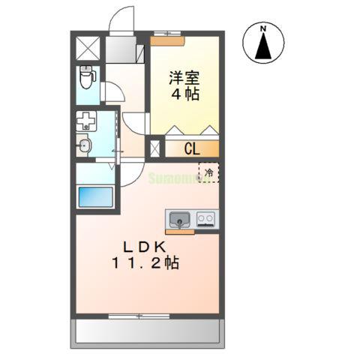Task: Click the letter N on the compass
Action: click(x=263, y=29)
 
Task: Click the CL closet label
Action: click(x=191, y=148)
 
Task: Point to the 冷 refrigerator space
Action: click(x=209, y=173)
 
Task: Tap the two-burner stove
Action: click(x=206, y=220)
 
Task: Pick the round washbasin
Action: click(x=85, y=145)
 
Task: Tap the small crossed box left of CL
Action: click(x=155, y=148)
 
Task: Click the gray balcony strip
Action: click(x=148, y=330)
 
